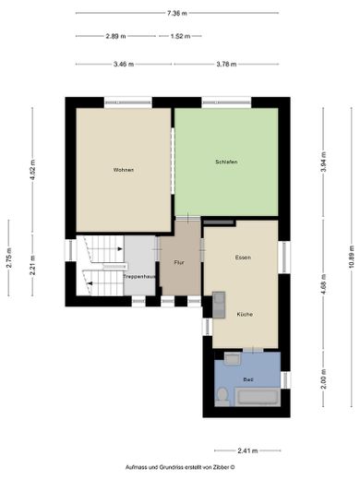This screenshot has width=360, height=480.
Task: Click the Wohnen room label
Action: click(123, 170)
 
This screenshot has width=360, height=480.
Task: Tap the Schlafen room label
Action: click(226, 162)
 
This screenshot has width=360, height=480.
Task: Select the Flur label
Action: click(178, 262)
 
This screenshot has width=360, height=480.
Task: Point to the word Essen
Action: click(243, 257)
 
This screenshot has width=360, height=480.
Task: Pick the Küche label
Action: click(244, 315)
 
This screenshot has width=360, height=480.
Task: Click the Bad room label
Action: click(247, 379)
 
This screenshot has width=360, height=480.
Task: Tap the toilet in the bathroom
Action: click(222, 396)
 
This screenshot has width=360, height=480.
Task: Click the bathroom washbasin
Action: click(232, 359)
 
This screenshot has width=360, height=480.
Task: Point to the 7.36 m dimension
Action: click(178, 14)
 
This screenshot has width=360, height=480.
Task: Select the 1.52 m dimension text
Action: click(180, 37)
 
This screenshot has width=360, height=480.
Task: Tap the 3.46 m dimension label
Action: click(123, 64)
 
